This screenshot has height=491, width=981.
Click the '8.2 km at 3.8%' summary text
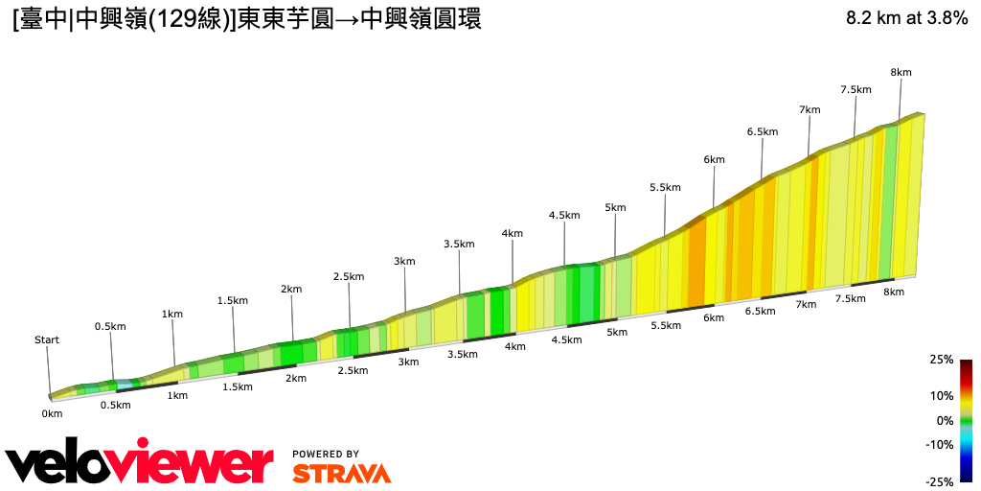coord(906,18)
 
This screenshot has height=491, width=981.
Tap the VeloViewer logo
coord(139,464)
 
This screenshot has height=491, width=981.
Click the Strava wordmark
coord(341,474)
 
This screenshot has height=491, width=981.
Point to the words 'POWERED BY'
coord(326,454)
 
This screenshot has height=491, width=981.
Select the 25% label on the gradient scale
coord(941,360)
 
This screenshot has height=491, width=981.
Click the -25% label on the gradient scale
coord(940,481)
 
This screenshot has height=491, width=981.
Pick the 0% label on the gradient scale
coord(945,420)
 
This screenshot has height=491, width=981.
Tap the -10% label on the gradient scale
coord(940,444)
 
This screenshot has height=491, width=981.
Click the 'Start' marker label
coord(47,339)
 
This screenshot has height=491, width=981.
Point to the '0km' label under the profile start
coord(52,413)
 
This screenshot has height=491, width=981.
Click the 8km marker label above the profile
coord(901,73)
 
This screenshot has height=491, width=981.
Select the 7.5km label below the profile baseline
coord(850,298)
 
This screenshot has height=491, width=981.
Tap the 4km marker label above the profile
coord(512,233)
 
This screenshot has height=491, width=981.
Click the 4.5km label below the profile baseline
coord(566,339)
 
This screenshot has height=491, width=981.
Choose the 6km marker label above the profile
coord(714,159)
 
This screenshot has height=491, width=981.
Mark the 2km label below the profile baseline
coord(296,378)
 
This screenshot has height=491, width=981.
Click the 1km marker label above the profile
coord(172,314)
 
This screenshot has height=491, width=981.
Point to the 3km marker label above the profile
coord(404,261)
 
